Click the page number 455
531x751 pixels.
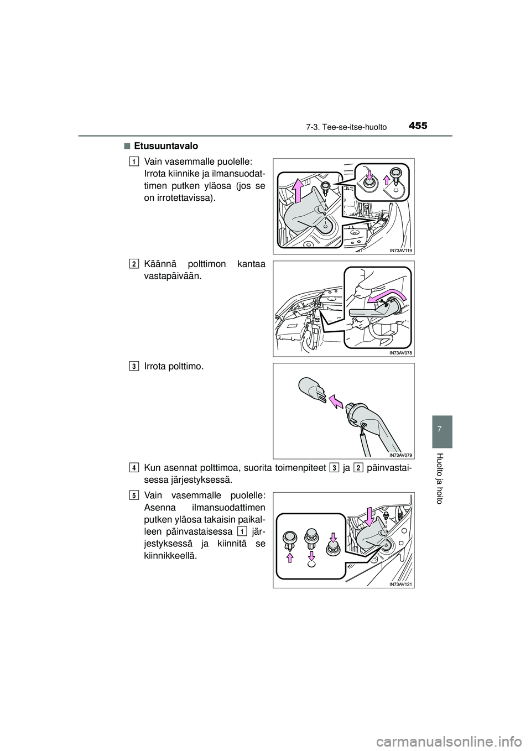(x=418, y=126)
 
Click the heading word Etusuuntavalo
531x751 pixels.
(x=166, y=146)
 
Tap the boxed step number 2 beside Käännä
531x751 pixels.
(x=133, y=264)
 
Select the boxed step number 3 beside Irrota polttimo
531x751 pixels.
(x=133, y=366)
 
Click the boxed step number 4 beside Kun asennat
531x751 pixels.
(x=133, y=468)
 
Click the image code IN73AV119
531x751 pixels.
(x=400, y=250)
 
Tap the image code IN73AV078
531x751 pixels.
(x=400, y=352)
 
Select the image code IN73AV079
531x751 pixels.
(x=400, y=455)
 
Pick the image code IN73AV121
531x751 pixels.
(x=400, y=584)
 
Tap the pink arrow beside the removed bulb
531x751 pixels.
(x=336, y=401)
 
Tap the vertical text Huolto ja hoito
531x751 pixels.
(x=441, y=478)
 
